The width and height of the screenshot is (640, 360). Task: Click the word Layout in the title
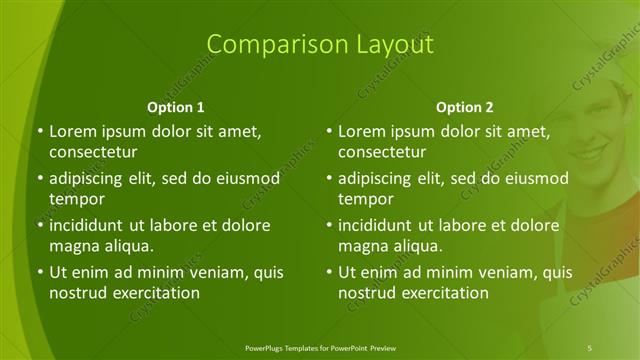click(x=391, y=44)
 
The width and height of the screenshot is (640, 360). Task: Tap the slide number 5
click(x=590, y=346)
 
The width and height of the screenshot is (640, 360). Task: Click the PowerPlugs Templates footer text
click(x=319, y=346)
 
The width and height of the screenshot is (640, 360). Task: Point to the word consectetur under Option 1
click(x=92, y=153)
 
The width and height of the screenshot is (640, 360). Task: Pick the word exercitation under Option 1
click(x=155, y=293)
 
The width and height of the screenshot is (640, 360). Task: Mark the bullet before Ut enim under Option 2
click(x=328, y=272)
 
